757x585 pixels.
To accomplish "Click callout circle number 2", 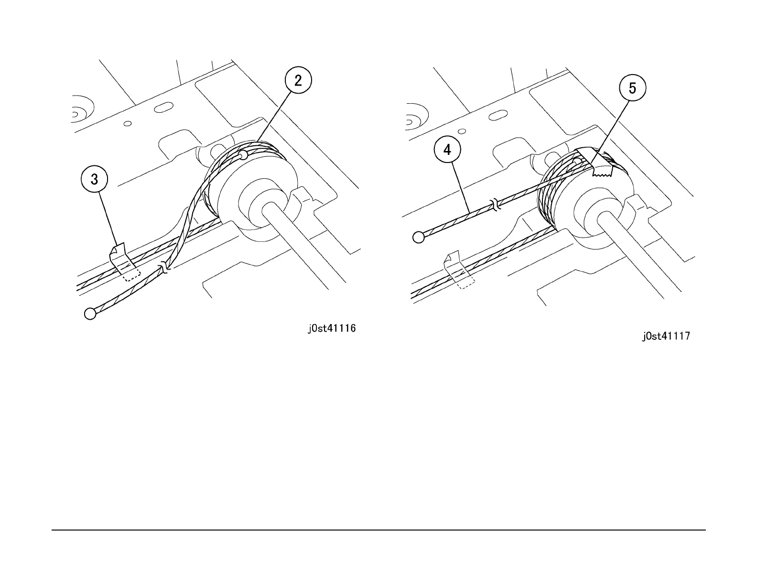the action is (298, 80).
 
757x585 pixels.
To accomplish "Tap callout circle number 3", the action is (95, 179).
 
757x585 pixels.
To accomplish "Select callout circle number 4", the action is (447, 150).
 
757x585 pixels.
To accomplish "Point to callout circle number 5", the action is (632, 88).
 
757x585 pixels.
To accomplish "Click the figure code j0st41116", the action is (331, 328).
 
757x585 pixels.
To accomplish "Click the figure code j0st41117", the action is (666, 336).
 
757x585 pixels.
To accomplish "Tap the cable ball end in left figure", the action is (90, 314).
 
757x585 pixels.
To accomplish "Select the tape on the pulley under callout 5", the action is (595, 162).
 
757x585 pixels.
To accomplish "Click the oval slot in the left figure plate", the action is (163, 107).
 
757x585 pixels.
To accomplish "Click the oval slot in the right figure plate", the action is (497, 115).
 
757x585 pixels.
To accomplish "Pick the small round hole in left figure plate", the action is (128, 124).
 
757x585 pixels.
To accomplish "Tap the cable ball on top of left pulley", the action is (243, 154).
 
